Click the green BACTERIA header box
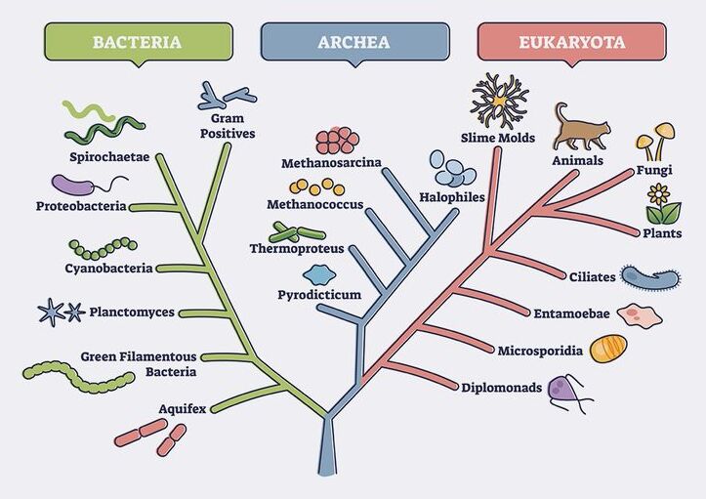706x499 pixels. pyautogui.click(x=138, y=42)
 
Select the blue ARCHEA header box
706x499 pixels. pyautogui.click(x=353, y=42)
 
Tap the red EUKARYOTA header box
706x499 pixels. pyautogui.click(x=571, y=42)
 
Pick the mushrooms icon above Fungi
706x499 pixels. pyautogui.click(x=655, y=141)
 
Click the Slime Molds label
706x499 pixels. pyautogui.click(x=498, y=138)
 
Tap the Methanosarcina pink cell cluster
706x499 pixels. pyautogui.click(x=338, y=141)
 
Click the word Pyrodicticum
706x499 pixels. pyautogui.click(x=319, y=294)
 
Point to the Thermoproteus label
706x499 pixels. pyautogui.click(x=297, y=249)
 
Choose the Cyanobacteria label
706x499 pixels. pyautogui.click(x=108, y=269)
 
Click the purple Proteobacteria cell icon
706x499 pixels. pyautogui.click(x=72, y=185)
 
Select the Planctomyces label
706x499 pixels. pyautogui.click(x=132, y=312)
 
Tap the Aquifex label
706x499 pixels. pyautogui.click(x=183, y=408)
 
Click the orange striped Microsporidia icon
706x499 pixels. pyautogui.click(x=608, y=349)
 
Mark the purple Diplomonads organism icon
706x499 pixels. pyautogui.click(x=565, y=392)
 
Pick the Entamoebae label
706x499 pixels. pyautogui.click(x=573, y=313)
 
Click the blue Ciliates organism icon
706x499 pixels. pyautogui.click(x=648, y=278)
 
